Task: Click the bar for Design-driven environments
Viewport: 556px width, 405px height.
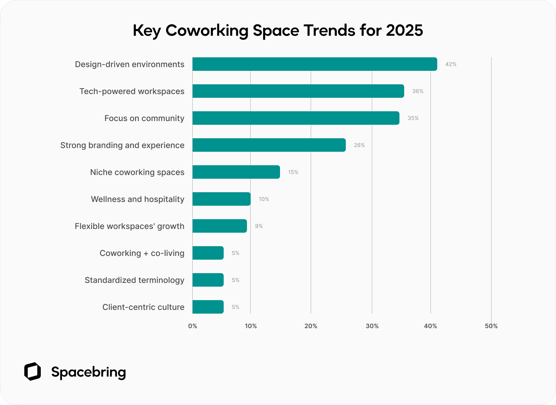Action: coord(314,64)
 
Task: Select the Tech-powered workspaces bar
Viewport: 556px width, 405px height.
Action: coord(298,91)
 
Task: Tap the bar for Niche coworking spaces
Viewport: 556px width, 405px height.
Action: coord(236,172)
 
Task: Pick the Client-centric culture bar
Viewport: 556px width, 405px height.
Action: coord(208,307)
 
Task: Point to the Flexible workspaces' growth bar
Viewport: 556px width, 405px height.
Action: coord(220,226)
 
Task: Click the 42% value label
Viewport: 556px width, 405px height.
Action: coord(451,64)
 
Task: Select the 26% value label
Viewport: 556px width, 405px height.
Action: coord(359,145)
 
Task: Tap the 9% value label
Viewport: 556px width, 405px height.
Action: coord(259,226)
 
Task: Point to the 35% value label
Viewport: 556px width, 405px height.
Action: coord(413,118)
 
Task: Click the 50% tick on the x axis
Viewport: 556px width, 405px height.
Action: coord(491,326)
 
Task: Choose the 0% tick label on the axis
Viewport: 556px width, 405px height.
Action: coord(193,326)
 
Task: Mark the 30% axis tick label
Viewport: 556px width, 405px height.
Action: coord(372,326)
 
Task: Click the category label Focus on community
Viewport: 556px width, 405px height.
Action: coord(144,118)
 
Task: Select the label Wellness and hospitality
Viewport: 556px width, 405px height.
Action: coord(138,199)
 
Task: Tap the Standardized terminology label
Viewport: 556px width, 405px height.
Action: coord(134,280)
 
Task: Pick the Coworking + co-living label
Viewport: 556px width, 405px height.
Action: coord(142,253)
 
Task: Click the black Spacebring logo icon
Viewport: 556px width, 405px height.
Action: coord(33,372)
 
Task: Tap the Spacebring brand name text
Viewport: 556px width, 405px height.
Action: coord(88,372)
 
